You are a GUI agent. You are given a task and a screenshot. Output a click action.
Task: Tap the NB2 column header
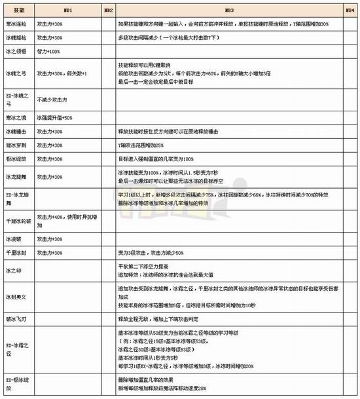tap(109, 12)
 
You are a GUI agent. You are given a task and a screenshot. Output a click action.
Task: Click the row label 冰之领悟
tap(16, 50)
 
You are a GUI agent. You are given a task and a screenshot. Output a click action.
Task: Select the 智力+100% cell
tap(50, 50)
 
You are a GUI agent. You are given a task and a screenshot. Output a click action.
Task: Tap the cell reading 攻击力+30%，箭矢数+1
tap(63, 73)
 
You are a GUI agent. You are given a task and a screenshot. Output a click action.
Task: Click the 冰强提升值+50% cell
tap(54, 117)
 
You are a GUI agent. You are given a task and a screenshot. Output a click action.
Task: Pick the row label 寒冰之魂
tap(16, 117)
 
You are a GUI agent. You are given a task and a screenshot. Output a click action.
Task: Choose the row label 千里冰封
tap(16, 253)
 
